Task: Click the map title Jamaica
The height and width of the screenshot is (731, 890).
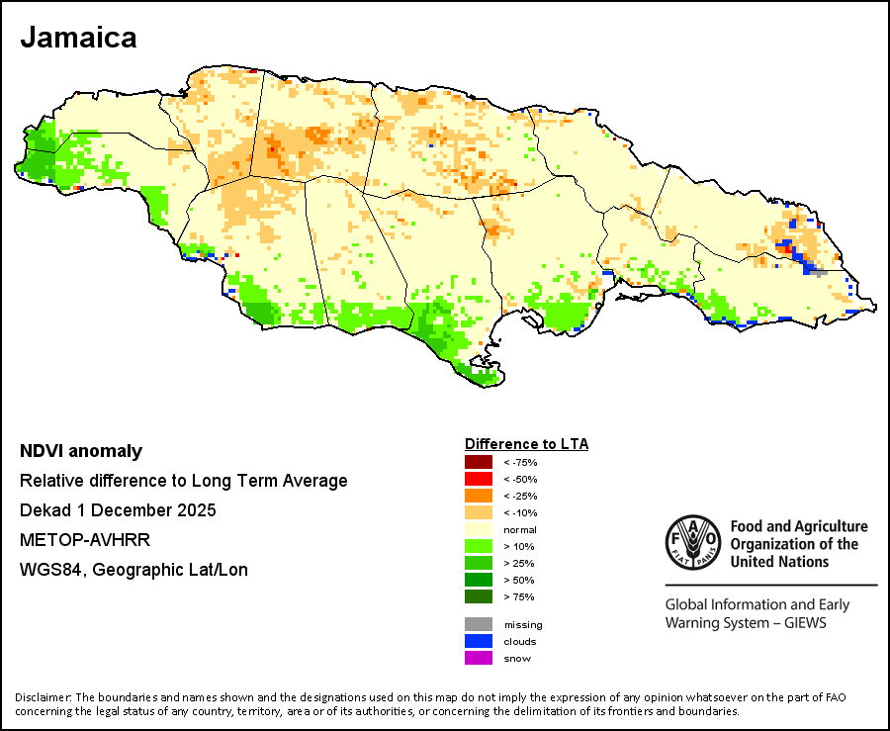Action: [x=78, y=39]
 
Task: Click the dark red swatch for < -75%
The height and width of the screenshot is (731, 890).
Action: [x=478, y=462]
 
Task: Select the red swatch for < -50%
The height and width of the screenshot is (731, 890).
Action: [x=478, y=479]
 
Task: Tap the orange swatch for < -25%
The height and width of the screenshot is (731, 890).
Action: [x=478, y=496]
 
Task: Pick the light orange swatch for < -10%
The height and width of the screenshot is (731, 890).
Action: [x=478, y=512]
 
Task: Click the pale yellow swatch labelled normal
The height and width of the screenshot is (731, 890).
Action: [x=478, y=529]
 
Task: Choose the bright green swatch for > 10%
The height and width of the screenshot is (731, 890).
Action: [x=478, y=546]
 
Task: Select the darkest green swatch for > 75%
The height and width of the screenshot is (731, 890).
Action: [x=478, y=596]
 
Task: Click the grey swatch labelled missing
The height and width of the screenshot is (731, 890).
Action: [x=478, y=624]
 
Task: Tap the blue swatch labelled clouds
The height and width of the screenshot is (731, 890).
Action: [x=478, y=641]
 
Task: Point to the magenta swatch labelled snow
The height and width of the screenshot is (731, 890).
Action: [x=478, y=658]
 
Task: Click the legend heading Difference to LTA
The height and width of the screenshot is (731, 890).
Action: [x=526, y=444]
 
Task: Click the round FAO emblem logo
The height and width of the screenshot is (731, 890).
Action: [x=692, y=543]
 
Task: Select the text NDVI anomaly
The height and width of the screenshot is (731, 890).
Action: [x=81, y=452]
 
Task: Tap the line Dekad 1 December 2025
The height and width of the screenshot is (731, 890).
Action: [x=118, y=510]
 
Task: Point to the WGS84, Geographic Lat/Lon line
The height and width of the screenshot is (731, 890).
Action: [x=133, y=570]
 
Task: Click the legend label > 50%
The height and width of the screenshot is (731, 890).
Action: [x=519, y=580]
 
